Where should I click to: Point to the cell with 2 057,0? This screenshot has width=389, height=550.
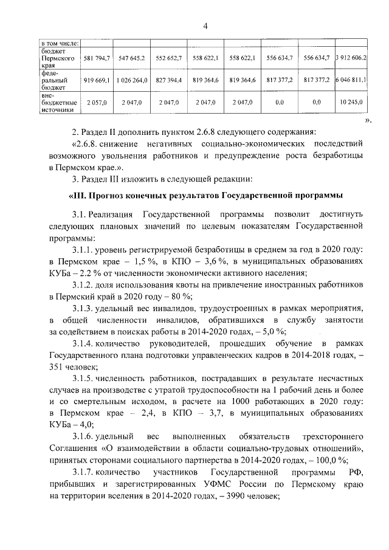pyautogui.click(x=97, y=103)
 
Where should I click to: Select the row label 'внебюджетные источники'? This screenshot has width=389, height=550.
pyautogui.click(x=58, y=103)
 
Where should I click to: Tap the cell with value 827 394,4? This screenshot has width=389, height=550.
pyautogui.click(x=168, y=80)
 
